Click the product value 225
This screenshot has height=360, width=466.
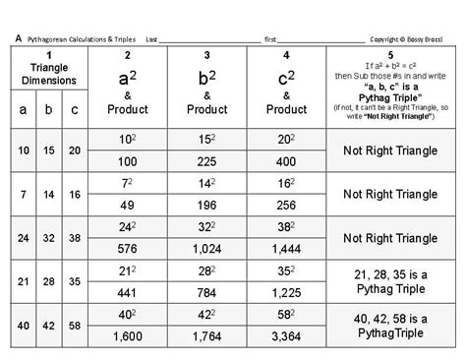(x=205, y=160)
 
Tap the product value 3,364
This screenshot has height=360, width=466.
(x=285, y=336)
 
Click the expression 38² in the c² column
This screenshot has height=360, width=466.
(x=285, y=225)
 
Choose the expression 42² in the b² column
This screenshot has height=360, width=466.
(x=205, y=314)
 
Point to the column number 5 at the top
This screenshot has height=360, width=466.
(x=391, y=54)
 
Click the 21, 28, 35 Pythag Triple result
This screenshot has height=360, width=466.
(x=391, y=280)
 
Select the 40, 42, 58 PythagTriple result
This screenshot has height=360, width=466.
(x=391, y=325)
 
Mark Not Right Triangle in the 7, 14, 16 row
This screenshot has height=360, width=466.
(x=391, y=194)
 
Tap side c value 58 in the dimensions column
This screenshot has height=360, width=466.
(x=76, y=325)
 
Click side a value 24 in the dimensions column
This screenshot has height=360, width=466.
(x=21, y=237)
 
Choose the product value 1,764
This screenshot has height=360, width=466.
(x=205, y=336)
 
